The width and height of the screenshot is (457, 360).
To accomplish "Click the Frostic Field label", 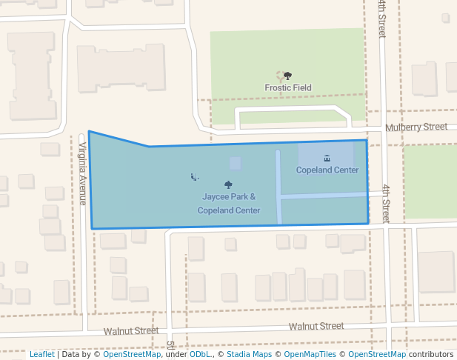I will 288,87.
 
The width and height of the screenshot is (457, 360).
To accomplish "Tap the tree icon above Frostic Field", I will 287,76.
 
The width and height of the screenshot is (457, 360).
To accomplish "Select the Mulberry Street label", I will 417,127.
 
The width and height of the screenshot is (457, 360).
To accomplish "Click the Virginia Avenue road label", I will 83,173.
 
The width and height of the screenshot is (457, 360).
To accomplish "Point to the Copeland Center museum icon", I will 327,158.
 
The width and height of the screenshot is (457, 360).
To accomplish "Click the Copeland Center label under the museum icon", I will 327,170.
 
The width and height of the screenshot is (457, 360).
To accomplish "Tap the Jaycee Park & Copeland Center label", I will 229,204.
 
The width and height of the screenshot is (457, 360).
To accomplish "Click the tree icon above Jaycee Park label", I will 228,184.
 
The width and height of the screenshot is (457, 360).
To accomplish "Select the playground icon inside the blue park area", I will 194,176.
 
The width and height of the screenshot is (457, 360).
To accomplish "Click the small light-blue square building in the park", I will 235,163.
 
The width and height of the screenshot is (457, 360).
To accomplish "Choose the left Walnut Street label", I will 131,331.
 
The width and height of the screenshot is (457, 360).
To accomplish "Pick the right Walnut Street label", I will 316,326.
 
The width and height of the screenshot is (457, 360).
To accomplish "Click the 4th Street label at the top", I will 381,19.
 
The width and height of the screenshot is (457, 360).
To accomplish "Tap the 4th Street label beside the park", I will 386,204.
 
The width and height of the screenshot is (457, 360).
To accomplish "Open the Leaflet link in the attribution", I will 41,355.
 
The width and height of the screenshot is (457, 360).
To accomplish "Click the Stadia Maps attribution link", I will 249,355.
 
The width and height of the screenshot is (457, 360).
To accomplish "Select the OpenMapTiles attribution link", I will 312,355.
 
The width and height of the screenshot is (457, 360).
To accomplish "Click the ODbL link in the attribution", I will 200,355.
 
